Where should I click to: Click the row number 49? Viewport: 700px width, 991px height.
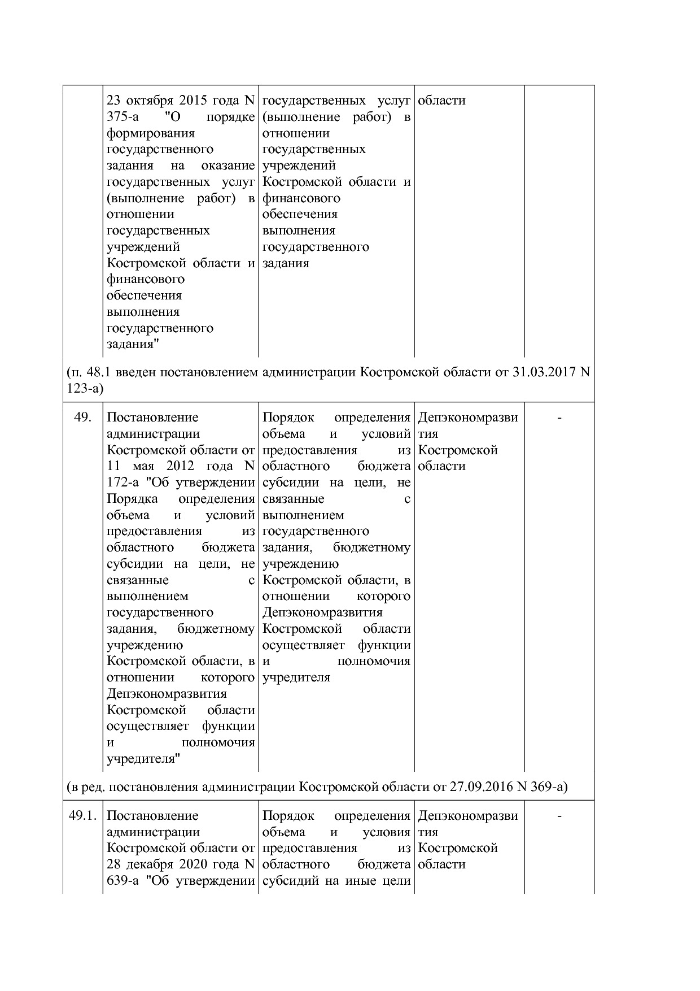[82, 418]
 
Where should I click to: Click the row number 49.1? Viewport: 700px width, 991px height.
[82, 816]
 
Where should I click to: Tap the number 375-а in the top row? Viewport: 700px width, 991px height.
[123, 117]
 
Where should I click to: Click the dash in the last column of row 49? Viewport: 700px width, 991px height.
[559, 418]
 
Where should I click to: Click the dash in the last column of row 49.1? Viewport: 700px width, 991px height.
[559, 816]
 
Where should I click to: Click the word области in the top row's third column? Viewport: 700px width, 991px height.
[441, 101]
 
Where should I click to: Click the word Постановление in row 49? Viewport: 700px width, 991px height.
[152, 418]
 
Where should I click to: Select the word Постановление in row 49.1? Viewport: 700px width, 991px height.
[152, 816]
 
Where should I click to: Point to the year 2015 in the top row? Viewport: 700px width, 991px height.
[194, 101]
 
